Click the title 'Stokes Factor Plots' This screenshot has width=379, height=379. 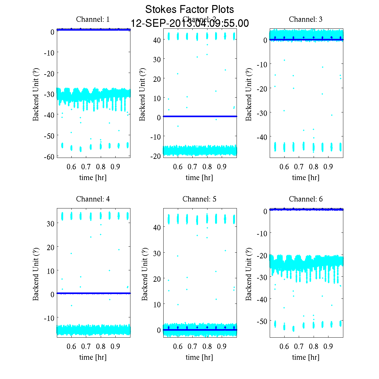[x=189, y=9]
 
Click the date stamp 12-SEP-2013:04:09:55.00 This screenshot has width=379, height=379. [x=189, y=23]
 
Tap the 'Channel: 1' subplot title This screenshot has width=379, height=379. [x=93, y=19]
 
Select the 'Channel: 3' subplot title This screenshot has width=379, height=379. [x=306, y=19]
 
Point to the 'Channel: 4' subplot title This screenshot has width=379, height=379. [x=93, y=199]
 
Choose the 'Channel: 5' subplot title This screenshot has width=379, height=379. [x=199, y=199]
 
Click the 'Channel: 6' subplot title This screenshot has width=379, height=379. [x=306, y=199]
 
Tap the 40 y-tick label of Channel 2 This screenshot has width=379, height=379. [x=157, y=40]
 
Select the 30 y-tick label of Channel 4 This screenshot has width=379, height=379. [x=51, y=223]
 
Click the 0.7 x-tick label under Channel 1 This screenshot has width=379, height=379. [x=86, y=167]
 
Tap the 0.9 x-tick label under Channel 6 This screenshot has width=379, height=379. [x=328, y=346]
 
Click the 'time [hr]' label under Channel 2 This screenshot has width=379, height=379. [x=199, y=177]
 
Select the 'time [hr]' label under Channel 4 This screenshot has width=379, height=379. [x=93, y=357]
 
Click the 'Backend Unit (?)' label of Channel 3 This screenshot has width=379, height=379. [x=249, y=94]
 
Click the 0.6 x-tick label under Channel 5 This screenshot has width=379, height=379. [x=178, y=346]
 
